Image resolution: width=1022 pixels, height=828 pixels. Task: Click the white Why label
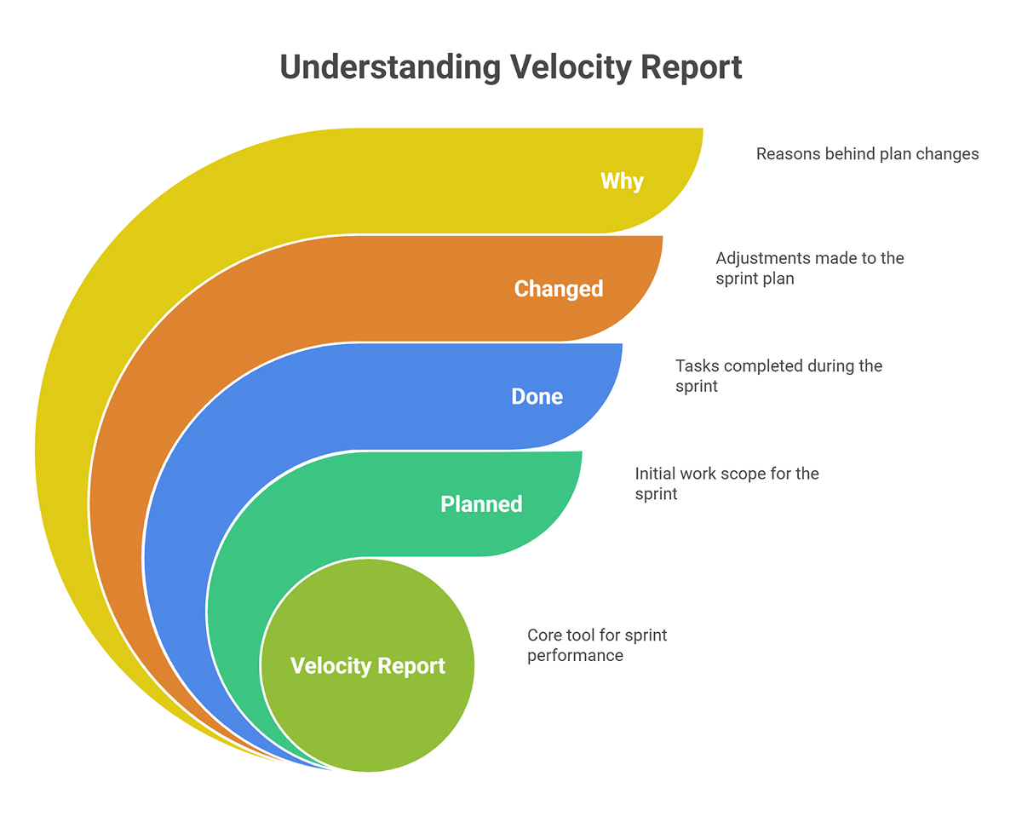click(622, 181)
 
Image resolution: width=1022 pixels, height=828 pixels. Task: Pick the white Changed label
click(559, 289)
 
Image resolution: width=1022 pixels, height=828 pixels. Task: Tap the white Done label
click(537, 397)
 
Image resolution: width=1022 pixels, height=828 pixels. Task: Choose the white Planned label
click(481, 504)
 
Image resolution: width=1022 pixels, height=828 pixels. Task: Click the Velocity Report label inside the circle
click(368, 666)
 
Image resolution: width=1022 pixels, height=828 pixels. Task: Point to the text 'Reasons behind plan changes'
click(867, 154)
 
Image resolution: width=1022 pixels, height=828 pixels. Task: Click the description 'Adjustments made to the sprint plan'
click(809, 268)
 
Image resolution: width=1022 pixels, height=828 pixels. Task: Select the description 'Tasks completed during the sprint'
click(778, 376)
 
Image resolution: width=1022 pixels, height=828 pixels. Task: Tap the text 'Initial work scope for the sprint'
click(726, 483)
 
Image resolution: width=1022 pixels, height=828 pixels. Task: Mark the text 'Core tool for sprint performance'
click(597, 645)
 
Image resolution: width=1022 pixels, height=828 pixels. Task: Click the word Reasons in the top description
click(786, 154)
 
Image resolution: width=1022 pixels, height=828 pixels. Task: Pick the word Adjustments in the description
click(762, 258)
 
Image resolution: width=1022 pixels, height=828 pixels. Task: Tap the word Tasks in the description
click(694, 365)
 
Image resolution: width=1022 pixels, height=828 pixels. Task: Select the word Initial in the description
click(655, 473)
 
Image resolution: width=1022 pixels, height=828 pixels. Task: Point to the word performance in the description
click(575, 656)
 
